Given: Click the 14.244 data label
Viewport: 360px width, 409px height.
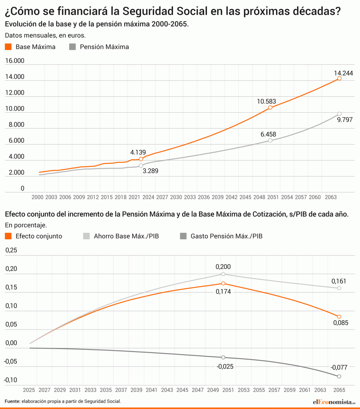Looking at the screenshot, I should tap(339, 73).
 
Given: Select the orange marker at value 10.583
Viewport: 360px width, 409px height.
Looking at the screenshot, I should tap(270, 107).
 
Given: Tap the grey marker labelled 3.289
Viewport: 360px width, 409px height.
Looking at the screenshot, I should tap(141, 165).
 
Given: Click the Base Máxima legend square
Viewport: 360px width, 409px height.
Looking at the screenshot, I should tap(8, 47).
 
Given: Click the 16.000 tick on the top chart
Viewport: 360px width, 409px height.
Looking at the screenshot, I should tap(14, 61).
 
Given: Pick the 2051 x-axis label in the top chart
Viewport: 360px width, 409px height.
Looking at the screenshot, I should tap(274, 197).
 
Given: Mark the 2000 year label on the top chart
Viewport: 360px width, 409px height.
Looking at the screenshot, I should tap(37, 197).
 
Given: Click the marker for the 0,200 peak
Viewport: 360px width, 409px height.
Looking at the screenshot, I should tap(223, 274).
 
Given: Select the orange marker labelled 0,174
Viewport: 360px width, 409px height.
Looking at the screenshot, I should tap(223, 284).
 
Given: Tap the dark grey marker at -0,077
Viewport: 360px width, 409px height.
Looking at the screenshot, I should tap(339, 376).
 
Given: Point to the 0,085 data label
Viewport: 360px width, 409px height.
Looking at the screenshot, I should tap(340, 323).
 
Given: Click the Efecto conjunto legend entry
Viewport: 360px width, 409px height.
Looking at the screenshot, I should tap(39, 236).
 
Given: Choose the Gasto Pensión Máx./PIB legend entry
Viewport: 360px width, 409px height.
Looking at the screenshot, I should tap(226, 236).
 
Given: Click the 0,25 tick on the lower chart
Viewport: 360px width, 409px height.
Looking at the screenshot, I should tap(11, 250).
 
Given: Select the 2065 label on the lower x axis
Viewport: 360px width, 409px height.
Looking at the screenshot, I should tap(339, 389).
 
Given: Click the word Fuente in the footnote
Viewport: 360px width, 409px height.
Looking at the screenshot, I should tap(12, 401).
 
